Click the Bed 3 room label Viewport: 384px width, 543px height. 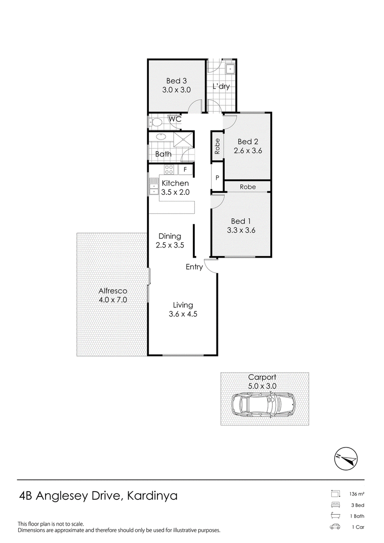click(177, 81)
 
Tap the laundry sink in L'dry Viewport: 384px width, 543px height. click(230, 69)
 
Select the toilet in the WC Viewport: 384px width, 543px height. click(155, 122)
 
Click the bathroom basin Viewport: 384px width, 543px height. click(161, 136)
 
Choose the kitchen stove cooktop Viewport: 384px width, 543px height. click(169, 169)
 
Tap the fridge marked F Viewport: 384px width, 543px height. click(185, 169)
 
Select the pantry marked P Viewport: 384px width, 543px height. click(217, 177)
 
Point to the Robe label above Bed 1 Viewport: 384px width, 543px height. click(248, 187)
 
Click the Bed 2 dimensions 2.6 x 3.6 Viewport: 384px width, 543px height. click(248, 151)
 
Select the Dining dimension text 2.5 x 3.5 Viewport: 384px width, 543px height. click(170, 245)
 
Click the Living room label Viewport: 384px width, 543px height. click(183, 305)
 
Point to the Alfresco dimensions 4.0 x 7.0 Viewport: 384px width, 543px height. click(113, 300)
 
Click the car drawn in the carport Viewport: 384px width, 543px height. click(264, 404)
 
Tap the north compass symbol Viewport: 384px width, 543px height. click(346, 459)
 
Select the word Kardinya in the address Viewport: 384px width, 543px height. click(153, 496)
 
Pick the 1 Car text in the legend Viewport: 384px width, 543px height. click(358, 528)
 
